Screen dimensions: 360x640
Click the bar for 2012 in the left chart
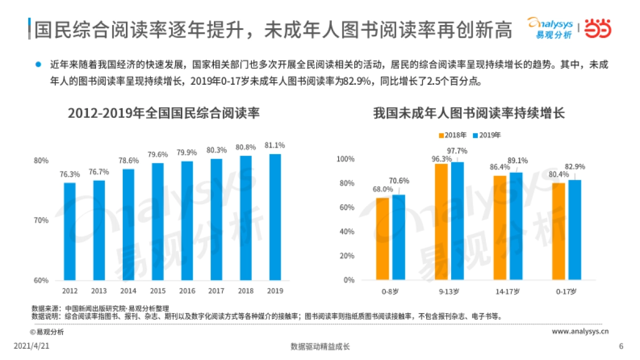[x=69, y=231]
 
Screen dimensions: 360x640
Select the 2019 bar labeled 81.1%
[x=275, y=217]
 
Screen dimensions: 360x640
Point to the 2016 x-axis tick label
[x=187, y=291]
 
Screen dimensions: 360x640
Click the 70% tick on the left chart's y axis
[x=42, y=220]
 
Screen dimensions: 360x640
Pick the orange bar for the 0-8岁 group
[x=382, y=239]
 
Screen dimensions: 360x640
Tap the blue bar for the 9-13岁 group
[x=458, y=221]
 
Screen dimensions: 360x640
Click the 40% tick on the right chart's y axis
[x=347, y=232]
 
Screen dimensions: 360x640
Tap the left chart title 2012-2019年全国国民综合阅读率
[x=164, y=114]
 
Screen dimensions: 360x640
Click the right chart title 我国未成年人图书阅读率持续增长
[x=469, y=114]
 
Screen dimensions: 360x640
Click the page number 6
[x=621, y=346]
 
